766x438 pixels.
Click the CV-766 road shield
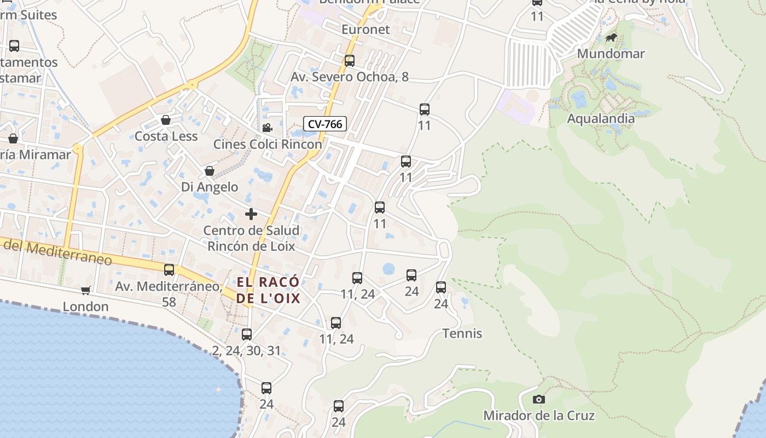point(325,124)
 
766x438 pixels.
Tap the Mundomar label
point(611,54)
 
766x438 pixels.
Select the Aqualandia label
point(601,118)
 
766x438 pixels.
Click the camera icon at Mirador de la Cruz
point(539,400)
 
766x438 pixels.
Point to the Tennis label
point(462,333)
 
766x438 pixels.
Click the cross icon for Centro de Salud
point(251,214)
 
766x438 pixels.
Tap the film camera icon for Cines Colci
point(267,128)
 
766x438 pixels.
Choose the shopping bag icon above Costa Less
point(166,120)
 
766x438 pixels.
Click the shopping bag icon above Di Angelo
point(209,171)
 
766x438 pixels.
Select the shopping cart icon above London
point(85,290)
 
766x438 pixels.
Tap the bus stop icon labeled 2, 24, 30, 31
point(247,334)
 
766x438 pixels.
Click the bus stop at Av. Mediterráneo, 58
point(169,269)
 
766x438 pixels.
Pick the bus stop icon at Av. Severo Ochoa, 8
point(350,61)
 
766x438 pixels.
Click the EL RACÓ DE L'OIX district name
point(268,290)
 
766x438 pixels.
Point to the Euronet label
point(365,29)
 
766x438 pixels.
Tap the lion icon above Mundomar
point(611,38)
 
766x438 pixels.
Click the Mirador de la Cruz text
point(539,416)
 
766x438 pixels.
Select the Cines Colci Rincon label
point(268,144)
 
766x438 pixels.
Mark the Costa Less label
point(166,136)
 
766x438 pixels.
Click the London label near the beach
point(85,306)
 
